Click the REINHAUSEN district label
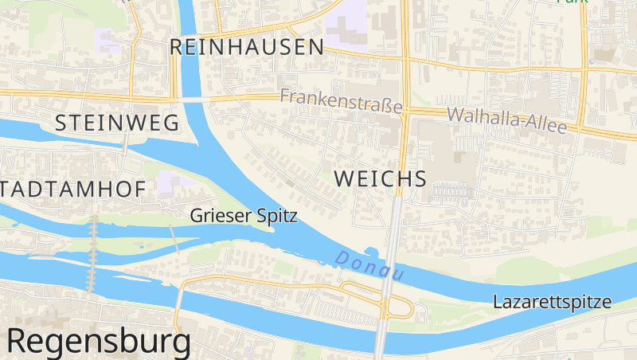247,48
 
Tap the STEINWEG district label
117,123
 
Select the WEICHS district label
381,178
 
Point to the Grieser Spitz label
244,215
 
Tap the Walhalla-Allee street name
507,120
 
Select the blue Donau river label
369,266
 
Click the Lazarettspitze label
552,303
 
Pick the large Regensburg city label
99,341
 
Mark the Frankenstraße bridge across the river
191,100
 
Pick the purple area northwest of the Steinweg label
106,40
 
